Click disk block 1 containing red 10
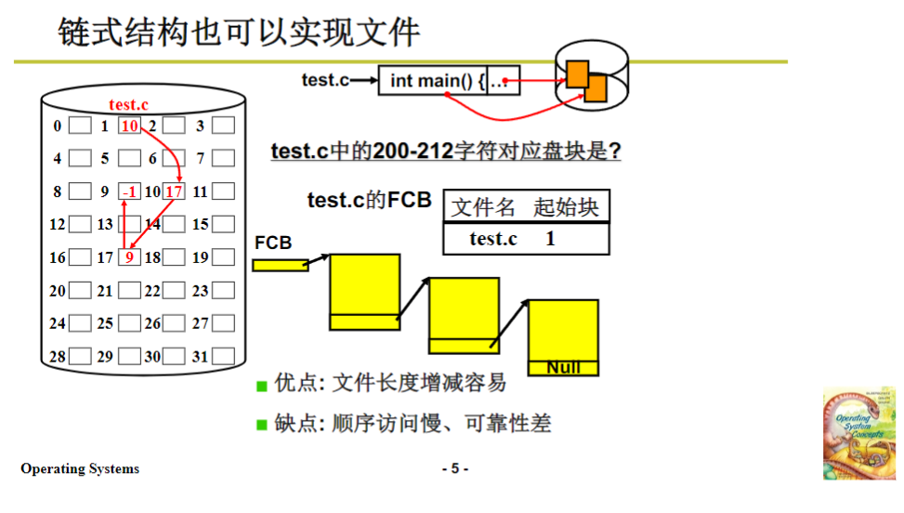point(129,126)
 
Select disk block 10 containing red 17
point(174,192)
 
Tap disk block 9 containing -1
point(129,192)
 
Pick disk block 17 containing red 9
point(129,257)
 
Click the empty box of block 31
point(223,356)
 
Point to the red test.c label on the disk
point(129,105)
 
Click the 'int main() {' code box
point(434,81)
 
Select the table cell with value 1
point(551,239)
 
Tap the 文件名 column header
point(483,207)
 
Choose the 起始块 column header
point(566,207)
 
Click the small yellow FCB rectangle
point(280,265)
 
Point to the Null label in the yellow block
point(563,368)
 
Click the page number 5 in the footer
point(454,468)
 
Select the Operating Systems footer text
point(80,468)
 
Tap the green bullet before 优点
point(262,386)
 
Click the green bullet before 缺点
point(262,426)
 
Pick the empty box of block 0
point(80,126)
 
